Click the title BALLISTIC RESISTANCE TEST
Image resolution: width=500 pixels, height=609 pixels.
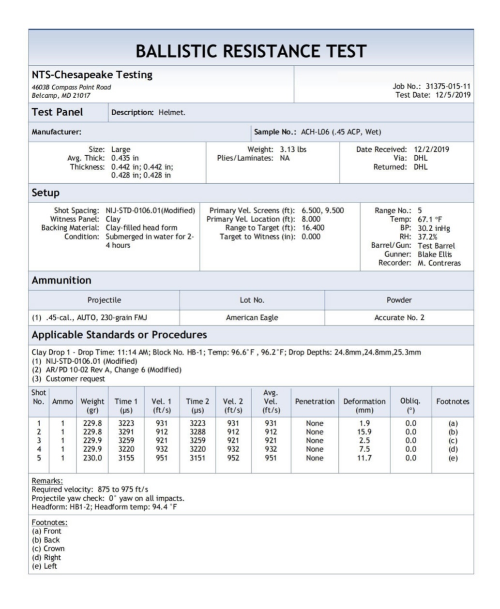coord(251,51)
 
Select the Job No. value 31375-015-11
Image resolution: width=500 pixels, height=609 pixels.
coord(448,86)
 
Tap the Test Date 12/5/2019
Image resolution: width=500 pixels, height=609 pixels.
coord(453,95)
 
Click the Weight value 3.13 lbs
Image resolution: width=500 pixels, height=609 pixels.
coord(293,149)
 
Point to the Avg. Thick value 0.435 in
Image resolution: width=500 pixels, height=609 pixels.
coord(125,158)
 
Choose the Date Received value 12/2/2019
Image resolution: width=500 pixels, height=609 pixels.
coord(431,149)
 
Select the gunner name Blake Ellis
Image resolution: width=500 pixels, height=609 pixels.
coord(435,254)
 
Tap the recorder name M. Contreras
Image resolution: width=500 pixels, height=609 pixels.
coord(439,263)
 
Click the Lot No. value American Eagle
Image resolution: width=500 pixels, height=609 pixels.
coord(252,318)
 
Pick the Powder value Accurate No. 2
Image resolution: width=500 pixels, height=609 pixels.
coord(399,318)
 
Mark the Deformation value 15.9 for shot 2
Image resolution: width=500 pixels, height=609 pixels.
coord(364,432)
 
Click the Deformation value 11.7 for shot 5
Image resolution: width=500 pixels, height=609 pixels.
coord(364,458)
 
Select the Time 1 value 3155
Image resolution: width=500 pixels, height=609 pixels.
coord(126,458)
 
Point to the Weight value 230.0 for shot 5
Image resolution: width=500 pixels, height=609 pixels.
coord(92,458)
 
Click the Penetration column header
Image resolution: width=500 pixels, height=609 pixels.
coord(315,401)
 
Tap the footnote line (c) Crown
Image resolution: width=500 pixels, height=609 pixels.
coord(48,549)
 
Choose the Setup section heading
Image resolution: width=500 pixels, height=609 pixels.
coord(45,193)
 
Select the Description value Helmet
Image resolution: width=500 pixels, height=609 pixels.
coord(172,113)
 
